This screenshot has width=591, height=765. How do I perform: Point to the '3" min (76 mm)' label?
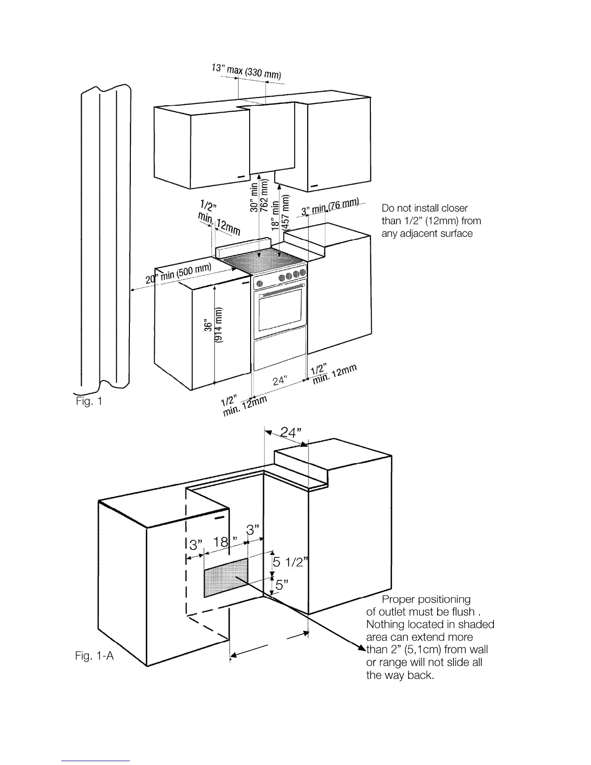330,207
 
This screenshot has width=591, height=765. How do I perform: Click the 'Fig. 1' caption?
89,401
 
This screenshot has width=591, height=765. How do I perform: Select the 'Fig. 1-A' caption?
95,655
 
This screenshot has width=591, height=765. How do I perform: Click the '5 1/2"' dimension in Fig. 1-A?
290,562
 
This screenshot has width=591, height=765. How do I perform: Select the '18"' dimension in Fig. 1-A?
222,542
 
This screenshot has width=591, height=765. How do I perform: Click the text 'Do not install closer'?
424,208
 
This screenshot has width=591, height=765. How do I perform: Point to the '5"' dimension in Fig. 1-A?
281,585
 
